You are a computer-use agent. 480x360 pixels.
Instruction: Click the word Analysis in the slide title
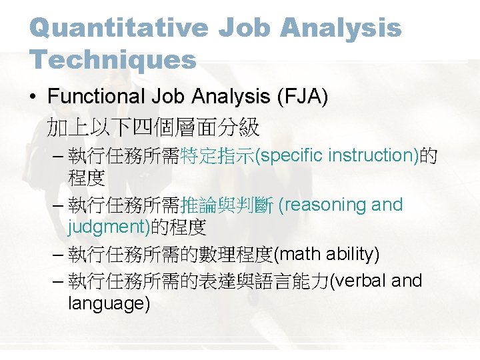click(341, 28)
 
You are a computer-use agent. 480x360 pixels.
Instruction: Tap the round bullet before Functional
click(33, 97)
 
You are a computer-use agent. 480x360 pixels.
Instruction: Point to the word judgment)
click(109, 228)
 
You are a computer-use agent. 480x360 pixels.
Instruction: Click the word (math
click(297, 254)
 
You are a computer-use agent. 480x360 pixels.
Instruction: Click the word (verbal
click(359, 281)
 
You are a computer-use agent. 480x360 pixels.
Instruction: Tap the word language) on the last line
click(109, 304)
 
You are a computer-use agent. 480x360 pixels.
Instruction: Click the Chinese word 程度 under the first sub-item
click(86, 178)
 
